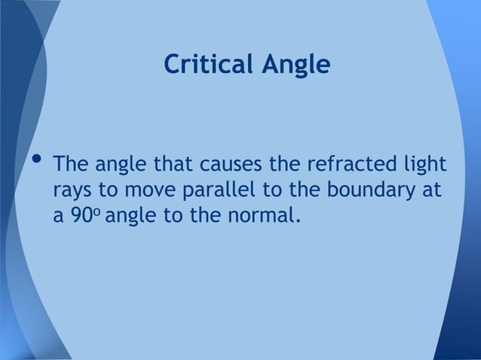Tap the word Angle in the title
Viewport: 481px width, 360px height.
(295, 66)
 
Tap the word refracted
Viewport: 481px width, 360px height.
(342, 163)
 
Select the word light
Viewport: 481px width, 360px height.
(423, 165)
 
